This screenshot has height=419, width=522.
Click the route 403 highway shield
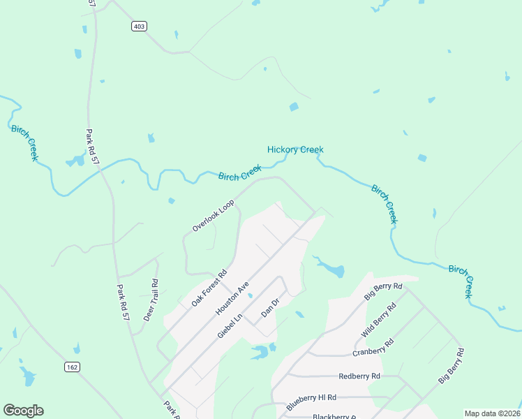[x=139, y=26]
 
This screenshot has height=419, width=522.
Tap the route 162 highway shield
[x=71, y=367]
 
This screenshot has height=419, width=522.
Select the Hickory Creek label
[x=295, y=149]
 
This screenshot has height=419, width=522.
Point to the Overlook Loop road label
[x=214, y=216]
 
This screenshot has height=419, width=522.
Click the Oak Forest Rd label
[x=209, y=288]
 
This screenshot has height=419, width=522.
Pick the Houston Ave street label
[x=232, y=297]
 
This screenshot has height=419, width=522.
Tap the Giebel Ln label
[x=229, y=325]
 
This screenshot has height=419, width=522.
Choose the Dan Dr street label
[x=270, y=307]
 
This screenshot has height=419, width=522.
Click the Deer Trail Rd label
[x=151, y=300]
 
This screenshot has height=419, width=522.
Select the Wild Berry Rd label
[x=378, y=321]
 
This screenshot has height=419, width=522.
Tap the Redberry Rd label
[x=359, y=376]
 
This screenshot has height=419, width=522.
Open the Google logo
[x=23, y=411]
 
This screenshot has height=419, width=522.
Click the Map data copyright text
[x=493, y=413]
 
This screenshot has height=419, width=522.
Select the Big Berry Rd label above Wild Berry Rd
[x=384, y=292]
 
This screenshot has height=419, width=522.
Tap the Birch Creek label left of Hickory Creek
[x=239, y=173]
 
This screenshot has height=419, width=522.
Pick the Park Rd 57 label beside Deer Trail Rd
[x=124, y=302]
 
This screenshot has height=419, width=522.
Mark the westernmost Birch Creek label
[x=24, y=142]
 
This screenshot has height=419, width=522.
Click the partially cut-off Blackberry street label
[x=335, y=416]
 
